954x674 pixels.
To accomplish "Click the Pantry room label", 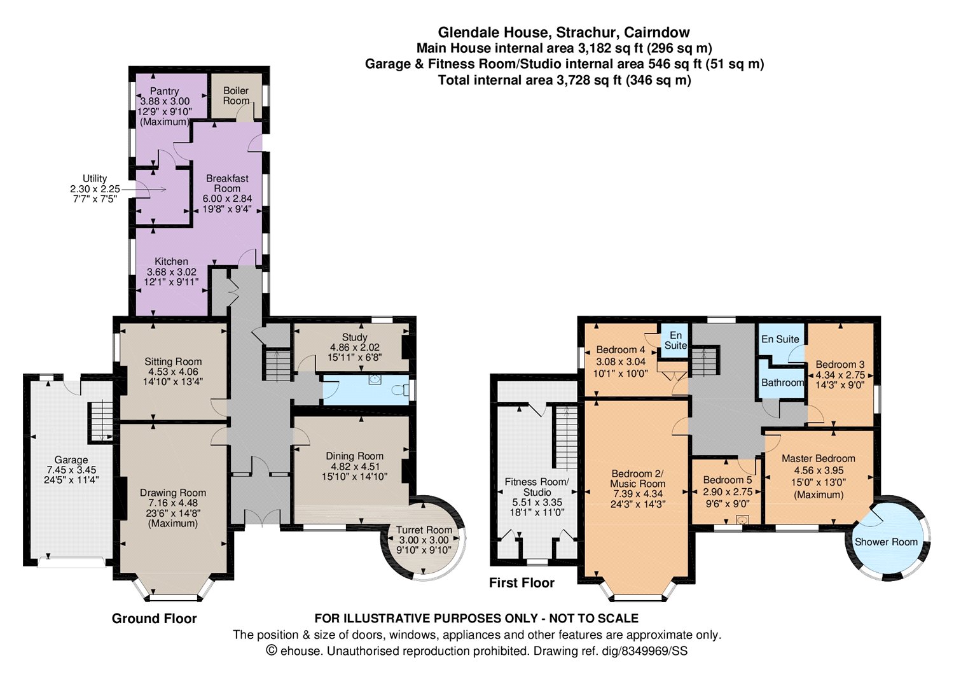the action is tap(164, 91).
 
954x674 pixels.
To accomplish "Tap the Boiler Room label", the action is tap(236, 95).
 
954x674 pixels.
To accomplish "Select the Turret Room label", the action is tap(424, 530).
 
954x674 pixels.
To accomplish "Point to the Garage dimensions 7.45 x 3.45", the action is tap(71, 470).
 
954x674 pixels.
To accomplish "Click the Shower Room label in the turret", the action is tap(887, 542).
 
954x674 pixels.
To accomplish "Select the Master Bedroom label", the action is tap(818, 458).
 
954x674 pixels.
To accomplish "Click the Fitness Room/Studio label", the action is tap(537, 487).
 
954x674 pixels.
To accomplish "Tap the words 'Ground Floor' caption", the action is tap(154, 619).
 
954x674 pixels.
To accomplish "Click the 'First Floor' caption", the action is tap(522, 583).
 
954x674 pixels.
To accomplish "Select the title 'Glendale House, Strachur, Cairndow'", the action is tap(564, 32).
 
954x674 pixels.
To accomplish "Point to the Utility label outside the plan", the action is tap(95, 178).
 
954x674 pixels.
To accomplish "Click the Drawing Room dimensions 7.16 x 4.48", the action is tap(173, 503).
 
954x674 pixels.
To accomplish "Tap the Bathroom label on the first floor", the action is tap(782, 383).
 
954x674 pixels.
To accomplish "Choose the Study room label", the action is tap(354, 337).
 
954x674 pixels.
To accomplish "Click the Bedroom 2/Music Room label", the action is tap(637, 479).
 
